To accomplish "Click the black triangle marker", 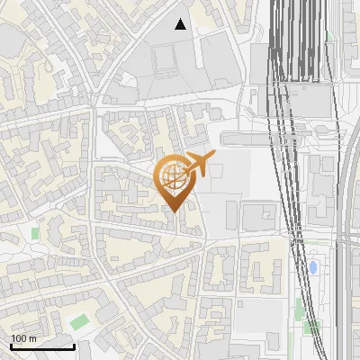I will coord(181,24).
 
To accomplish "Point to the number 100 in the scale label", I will coord(19,338).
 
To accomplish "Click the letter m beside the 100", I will coord(32,338).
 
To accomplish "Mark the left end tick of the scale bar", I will coord(11,346).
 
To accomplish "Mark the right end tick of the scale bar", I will coord(74,346).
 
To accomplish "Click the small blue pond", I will coord(312,267).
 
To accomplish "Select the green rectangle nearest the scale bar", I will coord(80,320).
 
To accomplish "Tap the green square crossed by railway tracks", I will coord(311,327).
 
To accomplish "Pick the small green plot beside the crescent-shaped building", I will coord(35,233).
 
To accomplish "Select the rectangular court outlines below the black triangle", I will coord(165,59).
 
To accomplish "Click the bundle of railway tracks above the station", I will coord(297,36).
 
